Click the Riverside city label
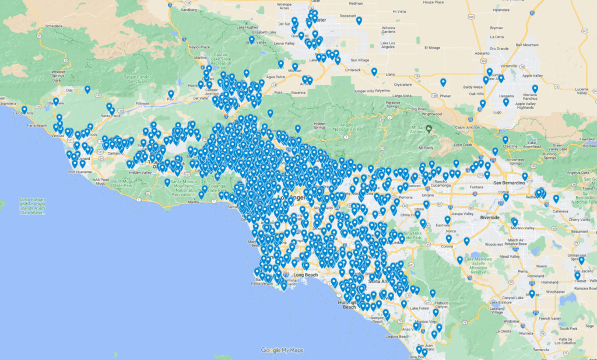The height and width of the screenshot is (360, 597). (490, 217)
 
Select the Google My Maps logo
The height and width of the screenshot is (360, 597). (282, 350)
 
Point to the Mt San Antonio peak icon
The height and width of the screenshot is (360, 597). (429, 128)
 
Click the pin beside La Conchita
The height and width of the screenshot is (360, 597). (24, 109)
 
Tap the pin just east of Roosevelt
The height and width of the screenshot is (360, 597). (359, 20)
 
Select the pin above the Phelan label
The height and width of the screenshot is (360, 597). (443, 82)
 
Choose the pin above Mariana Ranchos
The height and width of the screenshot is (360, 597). (535, 89)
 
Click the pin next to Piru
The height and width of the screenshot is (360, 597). (171, 93)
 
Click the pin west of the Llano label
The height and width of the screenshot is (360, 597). (374, 72)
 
